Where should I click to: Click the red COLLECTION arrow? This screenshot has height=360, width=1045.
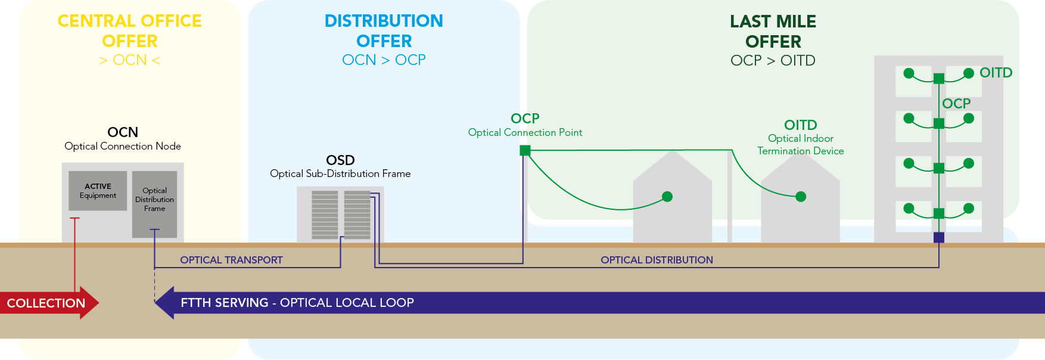pyautogui.click(x=48, y=303)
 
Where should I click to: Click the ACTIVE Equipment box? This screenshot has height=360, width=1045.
pyautogui.click(x=98, y=191)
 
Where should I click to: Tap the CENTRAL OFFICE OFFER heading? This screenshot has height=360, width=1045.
pyautogui.click(x=129, y=31)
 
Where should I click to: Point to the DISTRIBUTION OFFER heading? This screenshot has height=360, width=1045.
pyautogui.click(x=384, y=31)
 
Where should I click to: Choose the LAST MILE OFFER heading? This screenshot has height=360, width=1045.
pyautogui.click(x=773, y=32)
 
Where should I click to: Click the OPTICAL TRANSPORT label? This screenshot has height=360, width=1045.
pyautogui.click(x=231, y=260)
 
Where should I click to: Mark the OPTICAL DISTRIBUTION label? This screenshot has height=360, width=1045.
pyautogui.click(x=657, y=260)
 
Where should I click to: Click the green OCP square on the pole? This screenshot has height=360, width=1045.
pyautogui.click(x=525, y=150)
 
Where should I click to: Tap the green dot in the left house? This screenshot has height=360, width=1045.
pyautogui.click(x=667, y=197)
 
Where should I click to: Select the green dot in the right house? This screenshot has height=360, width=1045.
pyautogui.click(x=801, y=197)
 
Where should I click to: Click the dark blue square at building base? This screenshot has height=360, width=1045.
pyautogui.click(x=939, y=237)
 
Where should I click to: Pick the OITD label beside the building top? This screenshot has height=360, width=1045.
pyautogui.click(x=996, y=73)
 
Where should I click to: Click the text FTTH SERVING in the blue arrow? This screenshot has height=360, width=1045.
pyautogui.click(x=225, y=303)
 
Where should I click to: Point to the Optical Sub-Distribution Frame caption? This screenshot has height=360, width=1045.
pyautogui.click(x=340, y=173)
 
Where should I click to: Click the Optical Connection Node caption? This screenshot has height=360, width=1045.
pyautogui.click(x=123, y=146)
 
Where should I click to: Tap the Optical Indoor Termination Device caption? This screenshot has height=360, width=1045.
pyautogui.click(x=800, y=145)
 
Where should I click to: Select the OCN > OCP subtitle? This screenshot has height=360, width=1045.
pyautogui.click(x=384, y=60)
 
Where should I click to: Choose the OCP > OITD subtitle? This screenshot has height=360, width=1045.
pyautogui.click(x=773, y=61)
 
